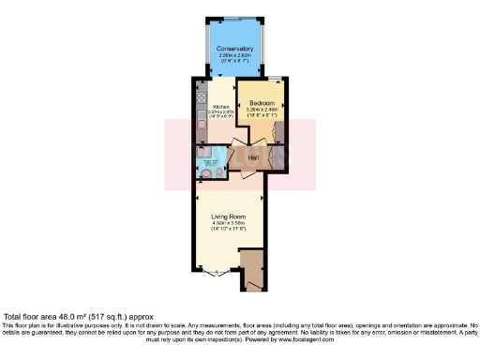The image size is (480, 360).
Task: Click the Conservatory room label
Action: pos(233,49)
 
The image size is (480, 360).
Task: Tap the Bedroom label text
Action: pos(262,101)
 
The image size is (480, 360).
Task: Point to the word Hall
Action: pos(252,157)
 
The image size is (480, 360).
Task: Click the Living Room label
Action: pos(230,215)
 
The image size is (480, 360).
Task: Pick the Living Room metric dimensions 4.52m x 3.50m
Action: pos(230,222)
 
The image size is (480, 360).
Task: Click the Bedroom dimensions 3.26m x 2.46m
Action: pos(262,109)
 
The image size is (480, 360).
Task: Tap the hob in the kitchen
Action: pos(200,97)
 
